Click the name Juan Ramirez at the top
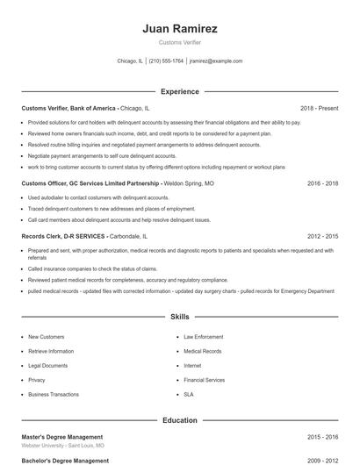pyautogui.click(x=179, y=29)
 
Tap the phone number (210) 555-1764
pyautogui.click(x=166, y=61)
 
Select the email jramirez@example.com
pyautogui.click(x=216, y=61)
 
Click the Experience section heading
pyautogui.click(x=179, y=91)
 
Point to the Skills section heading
pyautogui.click(x=179, y=316)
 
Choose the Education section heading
pyautogui.click(x=179, y=420)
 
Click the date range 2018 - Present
pyautogui.click(x=319, y=108)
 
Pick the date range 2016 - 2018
pyautogui.click(x=323, y=183)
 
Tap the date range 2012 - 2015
pyautogui.click(x=323, y=236)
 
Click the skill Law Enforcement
pyautogui.click(x=202, y=337)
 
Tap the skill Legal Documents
pyautogui.click(x=47, y=366)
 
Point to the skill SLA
pyautogui.click(x=189, y=395)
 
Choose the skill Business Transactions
pyautogui.click(x=53, y=395)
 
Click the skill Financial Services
pyautogui.click(x=205, y=380)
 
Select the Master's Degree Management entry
pyautogui.click(x=62, y=437)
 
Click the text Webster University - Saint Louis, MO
pyautogui.click(x=63, y=446)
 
